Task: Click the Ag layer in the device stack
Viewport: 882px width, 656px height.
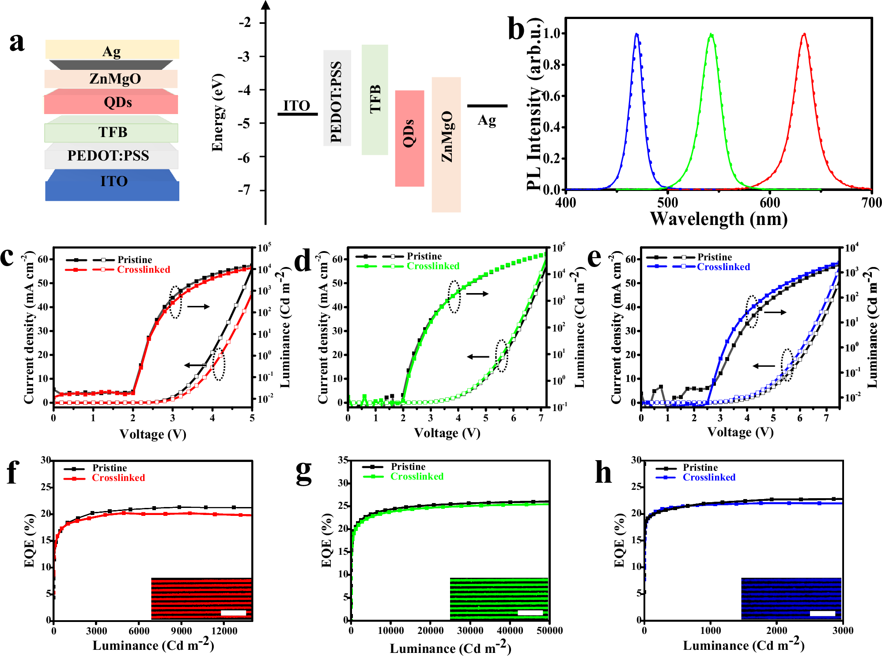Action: pyautogui.click(x=112, y=50)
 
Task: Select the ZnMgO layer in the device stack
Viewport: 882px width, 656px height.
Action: pyautogui.click(x=111, y=79)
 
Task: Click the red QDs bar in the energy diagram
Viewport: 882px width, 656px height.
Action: pyautogui.click(x=409, y=138)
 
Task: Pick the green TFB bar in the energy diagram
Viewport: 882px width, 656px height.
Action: pyautogui.click(x=375, y=99)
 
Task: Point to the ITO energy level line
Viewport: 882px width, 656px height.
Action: pyautogui.click(x=297, y=114)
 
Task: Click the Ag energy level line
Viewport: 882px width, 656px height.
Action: pyautogui.click(x=487, y=106)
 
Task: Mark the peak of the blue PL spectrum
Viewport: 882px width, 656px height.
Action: pyautogui.click(x=636, y=34)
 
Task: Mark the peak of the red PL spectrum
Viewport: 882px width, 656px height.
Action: pyautogui.click(x=804, y=34)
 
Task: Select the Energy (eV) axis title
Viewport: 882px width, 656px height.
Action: pyautogui.click(x=217, y=113)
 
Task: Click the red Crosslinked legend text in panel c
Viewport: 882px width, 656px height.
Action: pyautogui.click(x=144, y=270)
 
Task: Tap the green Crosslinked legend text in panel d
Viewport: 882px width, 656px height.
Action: pyautogui.click(x=433, y=266)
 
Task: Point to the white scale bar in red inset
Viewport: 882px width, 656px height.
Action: pyautogui.click(x=233, y=613)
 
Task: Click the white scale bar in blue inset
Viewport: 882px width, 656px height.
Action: pyautogui.click(x=822, y=614)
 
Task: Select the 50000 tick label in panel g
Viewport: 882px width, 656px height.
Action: pyautogui.click(x=549, y=631)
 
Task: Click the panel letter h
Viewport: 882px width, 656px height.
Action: pyautogui.click(x=603, y=473)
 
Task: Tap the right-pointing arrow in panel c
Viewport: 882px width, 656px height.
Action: pyautogui.click(x=198, y=306)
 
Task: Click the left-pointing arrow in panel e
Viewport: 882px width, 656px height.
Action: pyautogui.click(x=764, y=366)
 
